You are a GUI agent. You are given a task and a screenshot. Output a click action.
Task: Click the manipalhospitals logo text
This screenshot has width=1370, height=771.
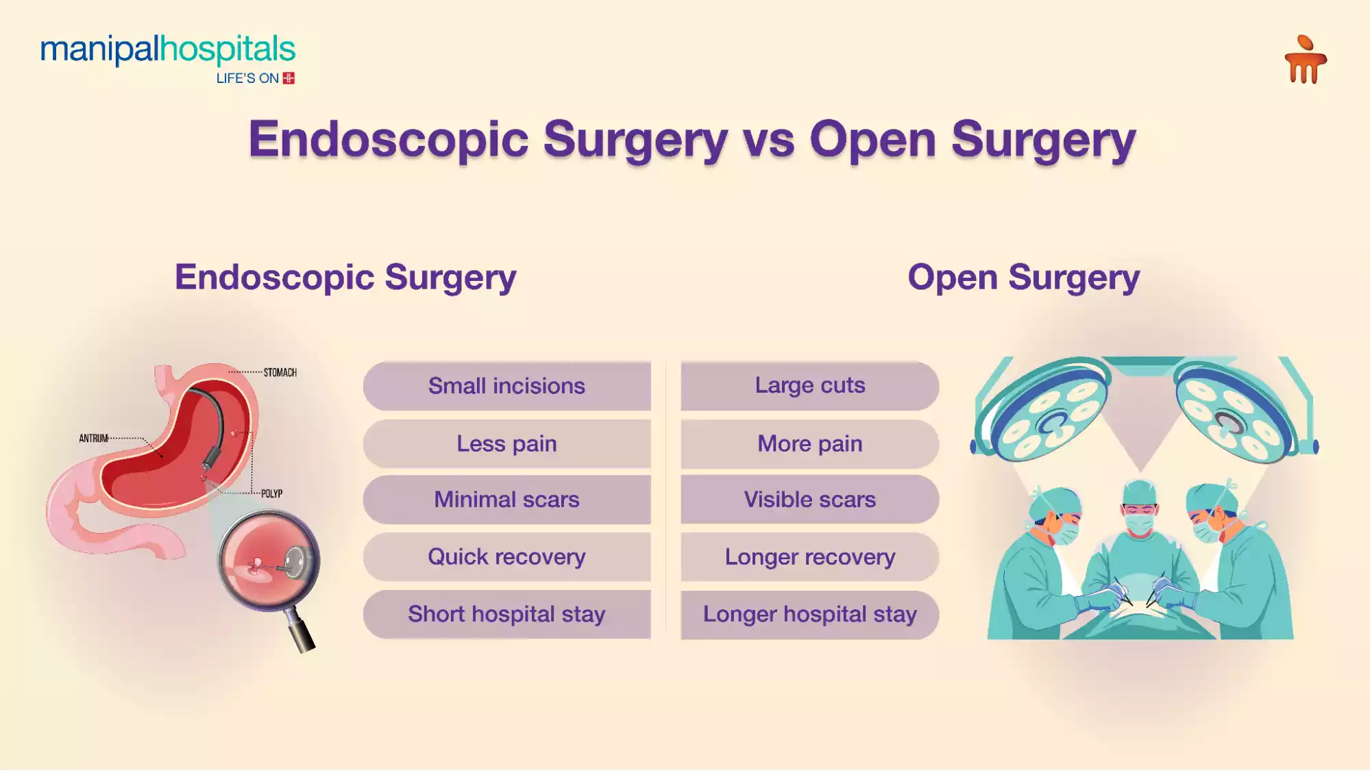(167, 49)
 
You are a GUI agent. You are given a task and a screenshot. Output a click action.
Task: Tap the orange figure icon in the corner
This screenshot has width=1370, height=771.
(1305, 60)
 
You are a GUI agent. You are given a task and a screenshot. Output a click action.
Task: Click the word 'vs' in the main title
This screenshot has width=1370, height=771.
(768, 140)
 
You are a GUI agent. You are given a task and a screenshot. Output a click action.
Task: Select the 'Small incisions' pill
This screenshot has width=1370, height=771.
(506, 386)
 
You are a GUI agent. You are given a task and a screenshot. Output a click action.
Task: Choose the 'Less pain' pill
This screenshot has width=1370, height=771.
(506, 443)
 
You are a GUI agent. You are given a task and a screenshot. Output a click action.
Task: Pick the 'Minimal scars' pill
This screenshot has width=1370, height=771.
(506, 500)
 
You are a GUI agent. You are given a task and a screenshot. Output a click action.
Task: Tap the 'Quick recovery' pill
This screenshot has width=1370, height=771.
(506, 556)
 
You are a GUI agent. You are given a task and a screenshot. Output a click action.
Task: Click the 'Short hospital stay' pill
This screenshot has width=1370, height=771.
(506, 614)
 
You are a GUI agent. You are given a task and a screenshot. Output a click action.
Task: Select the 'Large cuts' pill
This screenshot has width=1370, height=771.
(809, 386)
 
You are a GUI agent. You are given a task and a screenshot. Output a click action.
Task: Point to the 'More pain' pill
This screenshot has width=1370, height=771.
(809, 443)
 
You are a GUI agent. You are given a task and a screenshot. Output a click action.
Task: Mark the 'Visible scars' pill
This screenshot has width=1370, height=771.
(809, 500)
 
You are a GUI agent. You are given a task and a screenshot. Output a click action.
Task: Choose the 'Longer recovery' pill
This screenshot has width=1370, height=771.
(809, 556)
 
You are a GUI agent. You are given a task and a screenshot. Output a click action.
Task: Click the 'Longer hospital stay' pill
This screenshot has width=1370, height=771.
(809, 614)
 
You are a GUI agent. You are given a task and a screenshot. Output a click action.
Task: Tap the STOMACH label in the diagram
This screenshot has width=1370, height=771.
(280, 373)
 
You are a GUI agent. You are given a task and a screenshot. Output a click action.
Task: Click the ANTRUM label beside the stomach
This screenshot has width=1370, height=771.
(93, 438)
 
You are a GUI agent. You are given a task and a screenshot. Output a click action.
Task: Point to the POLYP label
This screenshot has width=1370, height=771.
(271, 493)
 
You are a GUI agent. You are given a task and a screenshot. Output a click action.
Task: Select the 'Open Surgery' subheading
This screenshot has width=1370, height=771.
(1023, 278)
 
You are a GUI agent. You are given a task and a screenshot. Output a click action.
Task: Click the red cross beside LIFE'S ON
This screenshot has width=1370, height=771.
(289, 78)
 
